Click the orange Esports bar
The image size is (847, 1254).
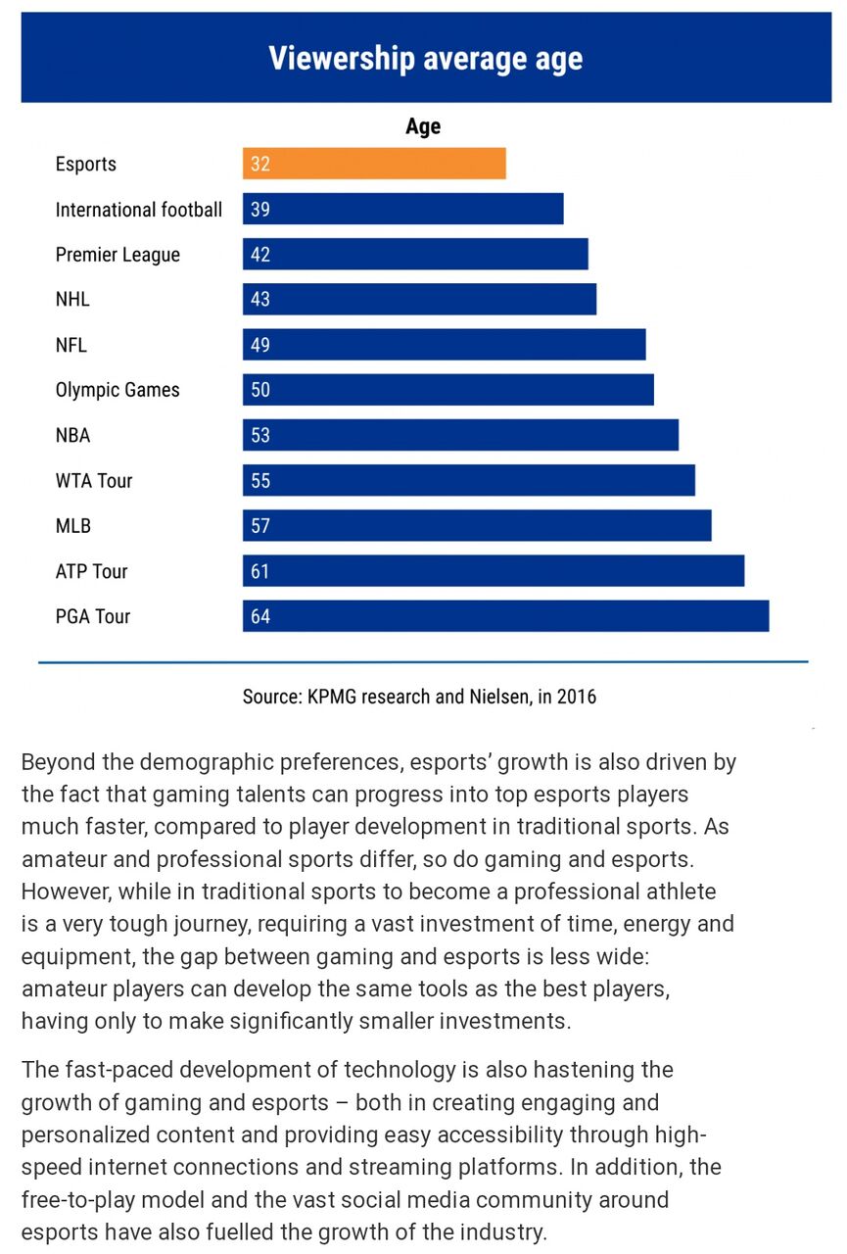pyautogui.click(x=374, y=164)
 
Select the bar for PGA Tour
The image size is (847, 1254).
pyautogui.click(x=505, y=616)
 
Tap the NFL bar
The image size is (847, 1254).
pyautogui.click(x=444, y=345)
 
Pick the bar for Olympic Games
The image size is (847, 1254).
pyautogui.click(x=447, y=390)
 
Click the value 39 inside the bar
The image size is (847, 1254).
pyautogui.click(x=260, y=209)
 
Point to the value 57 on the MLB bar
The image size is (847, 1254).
pyautogui.click(x=260, y=526)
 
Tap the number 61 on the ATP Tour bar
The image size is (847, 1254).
pyautogui.click(x=260, y=571)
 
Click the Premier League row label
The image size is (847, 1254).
pyautogui.click(x=118, y=255)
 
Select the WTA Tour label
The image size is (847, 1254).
pyautogui.click(x=94, y=481)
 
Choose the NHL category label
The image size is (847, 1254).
pyautogui.click(x=72, y=300)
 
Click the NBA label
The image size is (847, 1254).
pyautogui.click(x=72, y=435)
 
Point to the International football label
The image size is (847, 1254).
pyautogui.click(x=138, y=210)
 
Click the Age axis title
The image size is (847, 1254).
pyautogui.click(x=423, y=126)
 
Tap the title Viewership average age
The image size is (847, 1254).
pyautogui.click(x=425, y=59)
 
